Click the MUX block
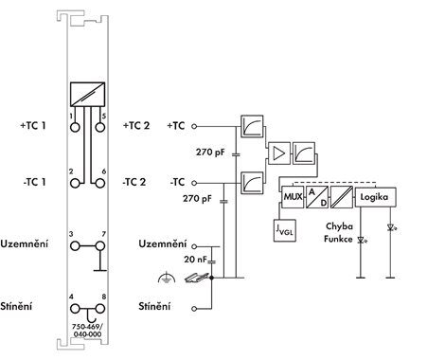point(293,197)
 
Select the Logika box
point(375,197)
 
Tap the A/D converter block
point(317,197)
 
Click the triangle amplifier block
point(279,153)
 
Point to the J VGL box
point(285,230)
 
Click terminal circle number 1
point(75,127)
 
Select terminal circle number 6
point(100,183)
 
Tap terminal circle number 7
point(100,245)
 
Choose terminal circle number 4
point(75,309)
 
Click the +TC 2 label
point(136,126)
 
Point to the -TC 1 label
point(34,182)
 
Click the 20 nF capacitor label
point(195,260)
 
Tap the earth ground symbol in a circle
point(167,278)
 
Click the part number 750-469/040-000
point(87,331)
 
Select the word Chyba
point(339,226)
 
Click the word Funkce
point(338,239)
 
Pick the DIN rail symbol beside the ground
point(197,278)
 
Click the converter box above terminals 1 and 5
point(87,95)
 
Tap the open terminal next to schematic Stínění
point(194,309)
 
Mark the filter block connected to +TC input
point(252,126)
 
